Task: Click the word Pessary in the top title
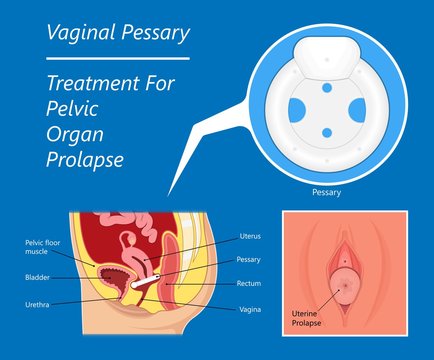(x=151, y=33)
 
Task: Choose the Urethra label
(x=38, y=303)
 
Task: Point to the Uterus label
(x=250, y=237)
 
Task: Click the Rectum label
(x=249, y=283)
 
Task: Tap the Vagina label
(x=249, y=309)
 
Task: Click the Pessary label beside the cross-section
(x=249, y=259)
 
